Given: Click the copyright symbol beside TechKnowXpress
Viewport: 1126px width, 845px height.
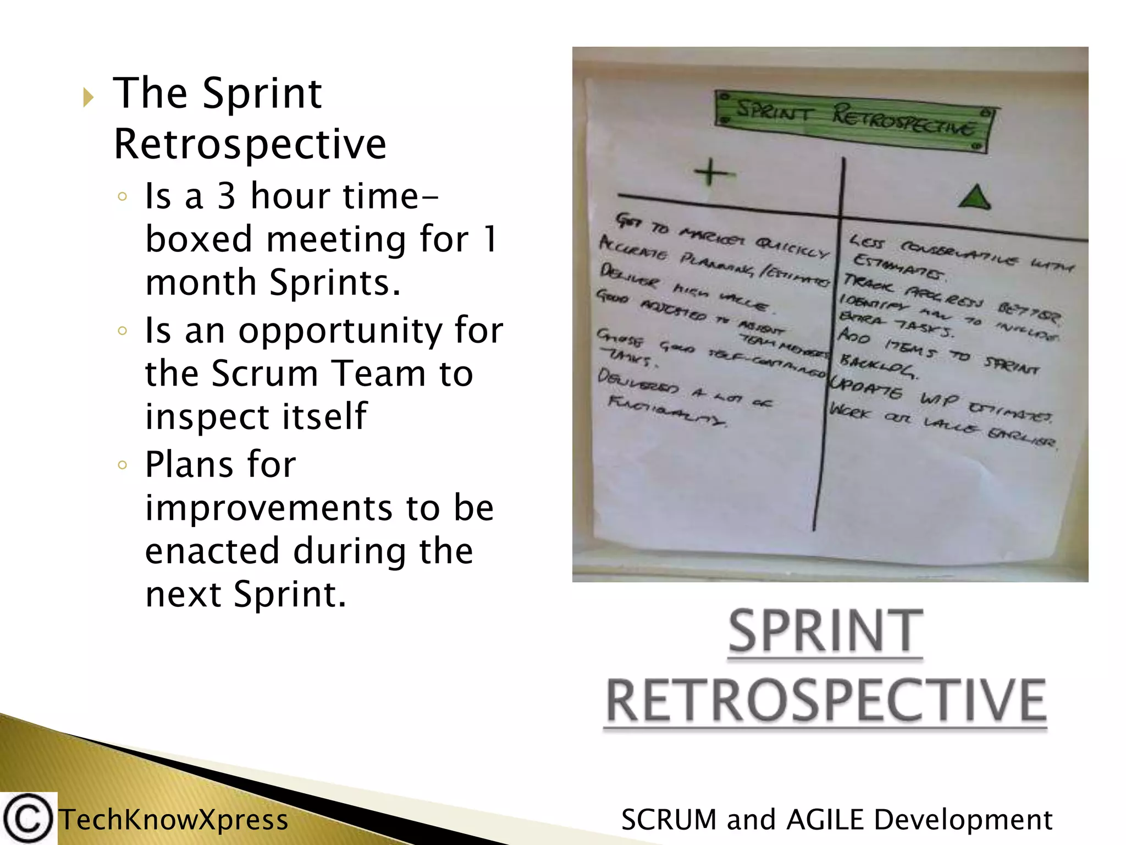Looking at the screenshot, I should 27,819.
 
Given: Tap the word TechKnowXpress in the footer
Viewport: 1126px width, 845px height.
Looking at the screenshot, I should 174,820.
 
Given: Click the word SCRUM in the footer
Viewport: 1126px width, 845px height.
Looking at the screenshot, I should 668,820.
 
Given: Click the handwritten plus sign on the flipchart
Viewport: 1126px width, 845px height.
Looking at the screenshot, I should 711,172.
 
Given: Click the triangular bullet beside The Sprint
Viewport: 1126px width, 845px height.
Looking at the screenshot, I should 88,97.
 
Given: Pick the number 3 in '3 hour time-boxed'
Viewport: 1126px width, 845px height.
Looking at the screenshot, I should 227,196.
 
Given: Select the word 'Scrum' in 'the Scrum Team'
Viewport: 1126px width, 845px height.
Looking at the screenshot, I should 264,374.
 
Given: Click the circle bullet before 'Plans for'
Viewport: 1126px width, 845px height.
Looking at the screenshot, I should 123,465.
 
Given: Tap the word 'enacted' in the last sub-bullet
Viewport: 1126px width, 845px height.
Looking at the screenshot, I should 212,551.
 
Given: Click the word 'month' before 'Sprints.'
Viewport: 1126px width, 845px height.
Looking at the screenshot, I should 200,283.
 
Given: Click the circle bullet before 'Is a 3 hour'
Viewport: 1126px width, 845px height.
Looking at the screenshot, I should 123,196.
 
